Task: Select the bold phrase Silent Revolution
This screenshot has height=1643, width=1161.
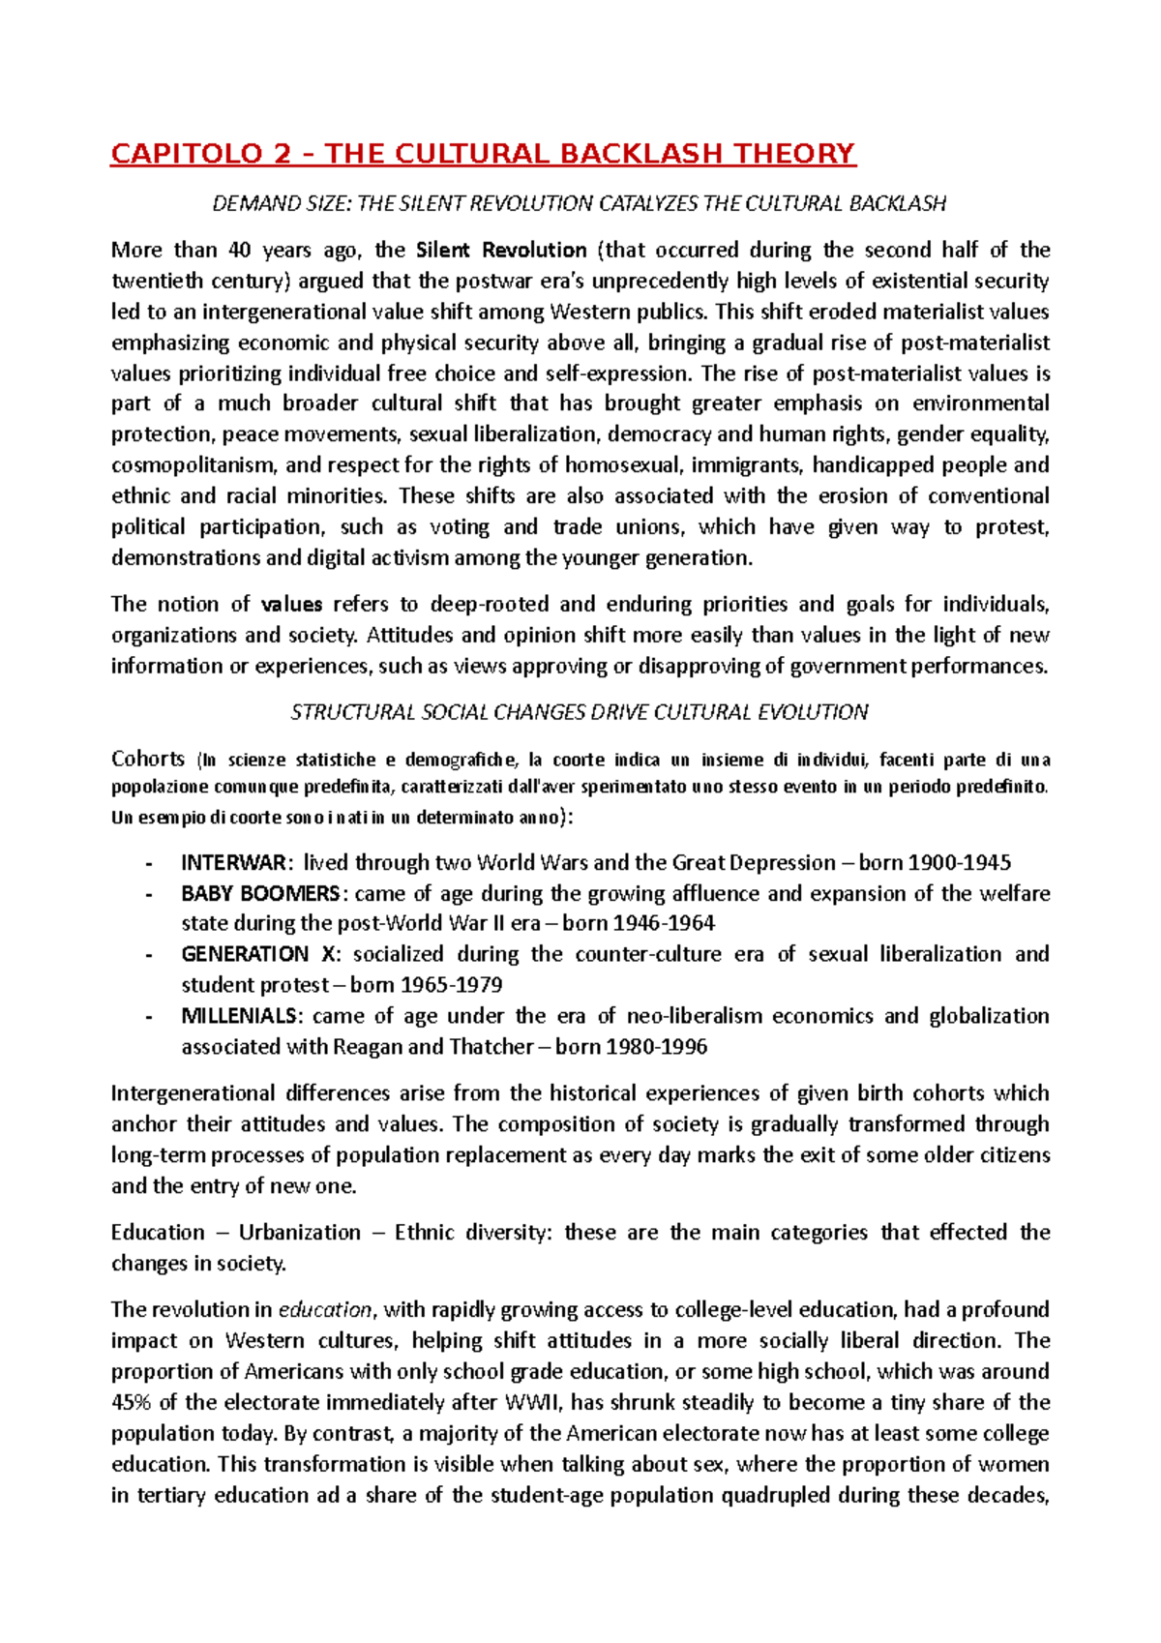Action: pos(501,251)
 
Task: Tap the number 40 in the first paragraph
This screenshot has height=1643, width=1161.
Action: pos(239,251)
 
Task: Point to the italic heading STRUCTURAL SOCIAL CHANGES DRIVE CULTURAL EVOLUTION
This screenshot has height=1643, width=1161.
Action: pos(579,713)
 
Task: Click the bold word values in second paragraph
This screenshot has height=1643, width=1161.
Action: pos(291,605)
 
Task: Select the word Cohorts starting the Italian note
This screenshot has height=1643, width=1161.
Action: pos(148,759)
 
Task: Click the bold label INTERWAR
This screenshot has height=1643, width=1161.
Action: pos(233,863)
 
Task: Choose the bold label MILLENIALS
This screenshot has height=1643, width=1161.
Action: pos(241,1017)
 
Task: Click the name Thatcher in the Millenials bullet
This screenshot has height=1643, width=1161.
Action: pos(491,1048)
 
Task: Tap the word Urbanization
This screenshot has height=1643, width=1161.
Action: pos(300,1234)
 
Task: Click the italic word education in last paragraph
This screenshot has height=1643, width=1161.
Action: pos(325,1311)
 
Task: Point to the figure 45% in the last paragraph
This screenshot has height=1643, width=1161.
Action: pos(130,1404)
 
